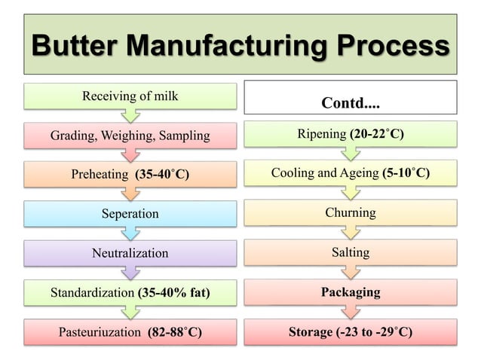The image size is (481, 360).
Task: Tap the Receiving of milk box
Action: [130, 96]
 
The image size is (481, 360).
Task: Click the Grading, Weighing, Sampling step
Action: [130, 136]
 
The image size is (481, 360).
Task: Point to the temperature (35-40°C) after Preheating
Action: [161, 175]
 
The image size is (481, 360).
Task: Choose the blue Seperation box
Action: [130, 214]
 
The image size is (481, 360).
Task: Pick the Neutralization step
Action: [130, 253]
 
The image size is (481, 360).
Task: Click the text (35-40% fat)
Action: [173, 292]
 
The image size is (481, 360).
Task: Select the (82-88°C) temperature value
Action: [175, 331]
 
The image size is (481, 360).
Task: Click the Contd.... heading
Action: [350, 102]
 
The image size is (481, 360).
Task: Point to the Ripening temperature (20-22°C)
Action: [376, 135]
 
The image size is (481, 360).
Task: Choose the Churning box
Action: [350, 213]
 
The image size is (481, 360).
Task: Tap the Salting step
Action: [350, 252]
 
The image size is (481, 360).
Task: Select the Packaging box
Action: [350, 291]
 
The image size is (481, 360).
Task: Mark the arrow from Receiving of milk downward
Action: [130, 115]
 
